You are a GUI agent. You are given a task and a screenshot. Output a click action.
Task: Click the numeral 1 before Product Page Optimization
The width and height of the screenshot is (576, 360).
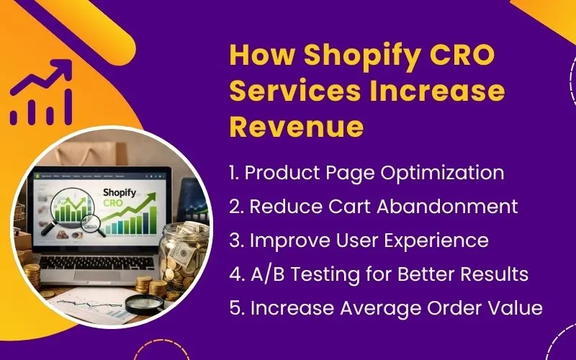233,173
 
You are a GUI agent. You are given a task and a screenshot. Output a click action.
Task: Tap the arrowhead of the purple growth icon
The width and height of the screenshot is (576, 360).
63,69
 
